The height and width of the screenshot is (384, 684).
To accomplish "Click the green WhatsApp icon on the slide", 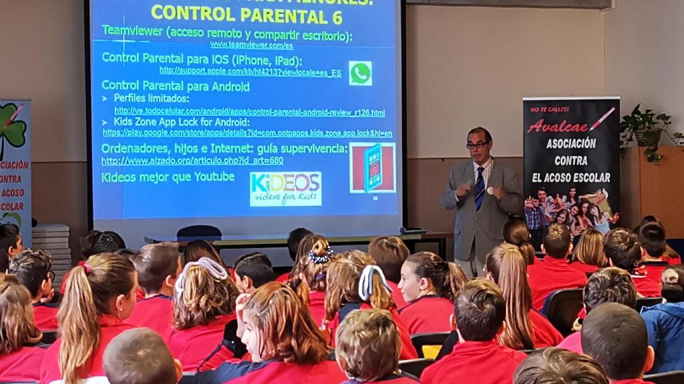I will (x=360, y=73).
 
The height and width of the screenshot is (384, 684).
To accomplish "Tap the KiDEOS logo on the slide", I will (x=285, y=189).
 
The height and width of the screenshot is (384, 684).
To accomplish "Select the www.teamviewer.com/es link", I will (x=251, y=45).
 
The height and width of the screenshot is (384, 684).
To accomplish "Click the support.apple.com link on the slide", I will (x=250, y=71).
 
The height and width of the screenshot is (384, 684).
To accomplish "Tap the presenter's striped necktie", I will (x=480, y=189).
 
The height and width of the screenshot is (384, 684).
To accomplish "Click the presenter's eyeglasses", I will (x=477, y=144).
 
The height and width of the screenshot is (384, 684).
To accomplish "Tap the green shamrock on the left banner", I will (x=12, y=131).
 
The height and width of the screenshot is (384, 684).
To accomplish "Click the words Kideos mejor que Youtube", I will (x=168, y=177).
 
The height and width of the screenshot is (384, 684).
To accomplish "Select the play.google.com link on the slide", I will (x=247, y=133).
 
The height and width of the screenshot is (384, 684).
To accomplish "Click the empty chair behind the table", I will (x=199, y=232).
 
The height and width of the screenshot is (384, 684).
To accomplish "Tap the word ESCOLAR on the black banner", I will (x=589, y=177).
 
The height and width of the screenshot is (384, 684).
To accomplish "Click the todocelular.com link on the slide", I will (x=249, y=111).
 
